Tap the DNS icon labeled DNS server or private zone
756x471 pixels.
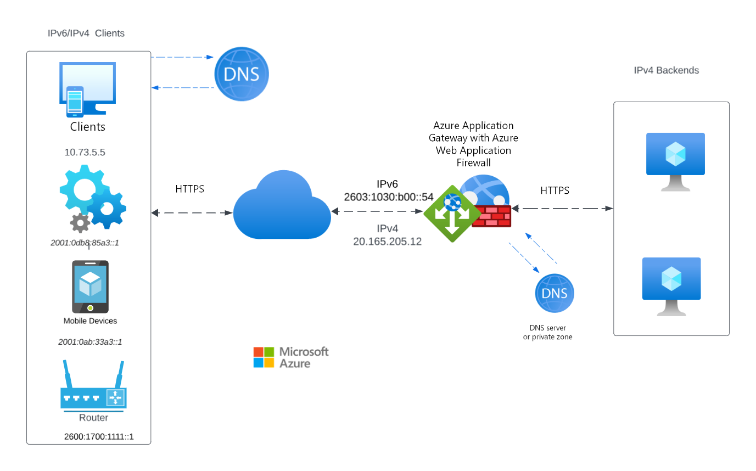click(x=555, y=293)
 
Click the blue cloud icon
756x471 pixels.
click(x=282, y=206)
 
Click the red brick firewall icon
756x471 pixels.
click(x=492, y=216)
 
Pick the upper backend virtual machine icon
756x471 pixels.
click(x=675, y=161)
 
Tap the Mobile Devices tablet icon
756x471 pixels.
click(x=90, y=287)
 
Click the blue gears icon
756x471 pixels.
click(x=92, y=197)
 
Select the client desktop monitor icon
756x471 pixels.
click(x=88, y=89)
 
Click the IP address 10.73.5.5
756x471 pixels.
click(x=85, y=153)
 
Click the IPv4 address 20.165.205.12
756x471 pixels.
click(x=387, y=241)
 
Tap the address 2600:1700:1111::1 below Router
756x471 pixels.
click(x=99, y=437)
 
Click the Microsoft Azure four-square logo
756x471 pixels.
click(x=264, y=357)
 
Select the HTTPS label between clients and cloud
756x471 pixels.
click(x=189, y=189)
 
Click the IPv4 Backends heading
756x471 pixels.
click(x=666, y=70)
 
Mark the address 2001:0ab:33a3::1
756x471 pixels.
click(x=89, y=341)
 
